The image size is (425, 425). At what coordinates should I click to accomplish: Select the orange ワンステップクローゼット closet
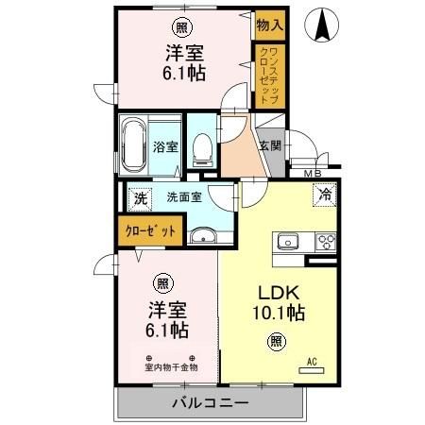pos(269,76)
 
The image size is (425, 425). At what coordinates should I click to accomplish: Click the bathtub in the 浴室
pos(132,144)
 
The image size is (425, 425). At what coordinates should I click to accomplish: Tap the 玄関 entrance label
pos(269,145)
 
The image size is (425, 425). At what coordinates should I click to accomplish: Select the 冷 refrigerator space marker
pos(324,195)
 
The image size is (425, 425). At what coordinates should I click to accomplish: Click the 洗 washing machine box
pos(140,198)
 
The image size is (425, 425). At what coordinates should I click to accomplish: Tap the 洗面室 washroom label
pos(184,198)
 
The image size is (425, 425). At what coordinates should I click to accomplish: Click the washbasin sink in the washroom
pos(202,236)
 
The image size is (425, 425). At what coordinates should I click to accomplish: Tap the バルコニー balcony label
pos(210,402)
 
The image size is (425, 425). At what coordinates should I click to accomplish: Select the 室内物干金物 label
pos(171,366)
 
